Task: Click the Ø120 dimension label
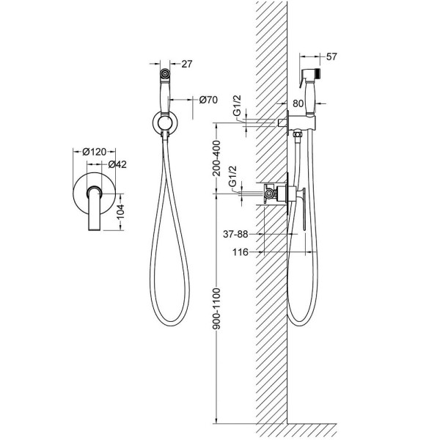pos(95,152)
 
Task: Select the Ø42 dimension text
pos(117,164)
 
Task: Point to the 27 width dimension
pos(187,64)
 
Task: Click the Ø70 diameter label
pos(208,100)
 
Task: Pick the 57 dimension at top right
pos(331,56)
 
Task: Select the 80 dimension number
pos(298,103)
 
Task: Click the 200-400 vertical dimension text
pos(217,158)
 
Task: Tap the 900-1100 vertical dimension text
pos(217,308)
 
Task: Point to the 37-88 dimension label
pos(235,234)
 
